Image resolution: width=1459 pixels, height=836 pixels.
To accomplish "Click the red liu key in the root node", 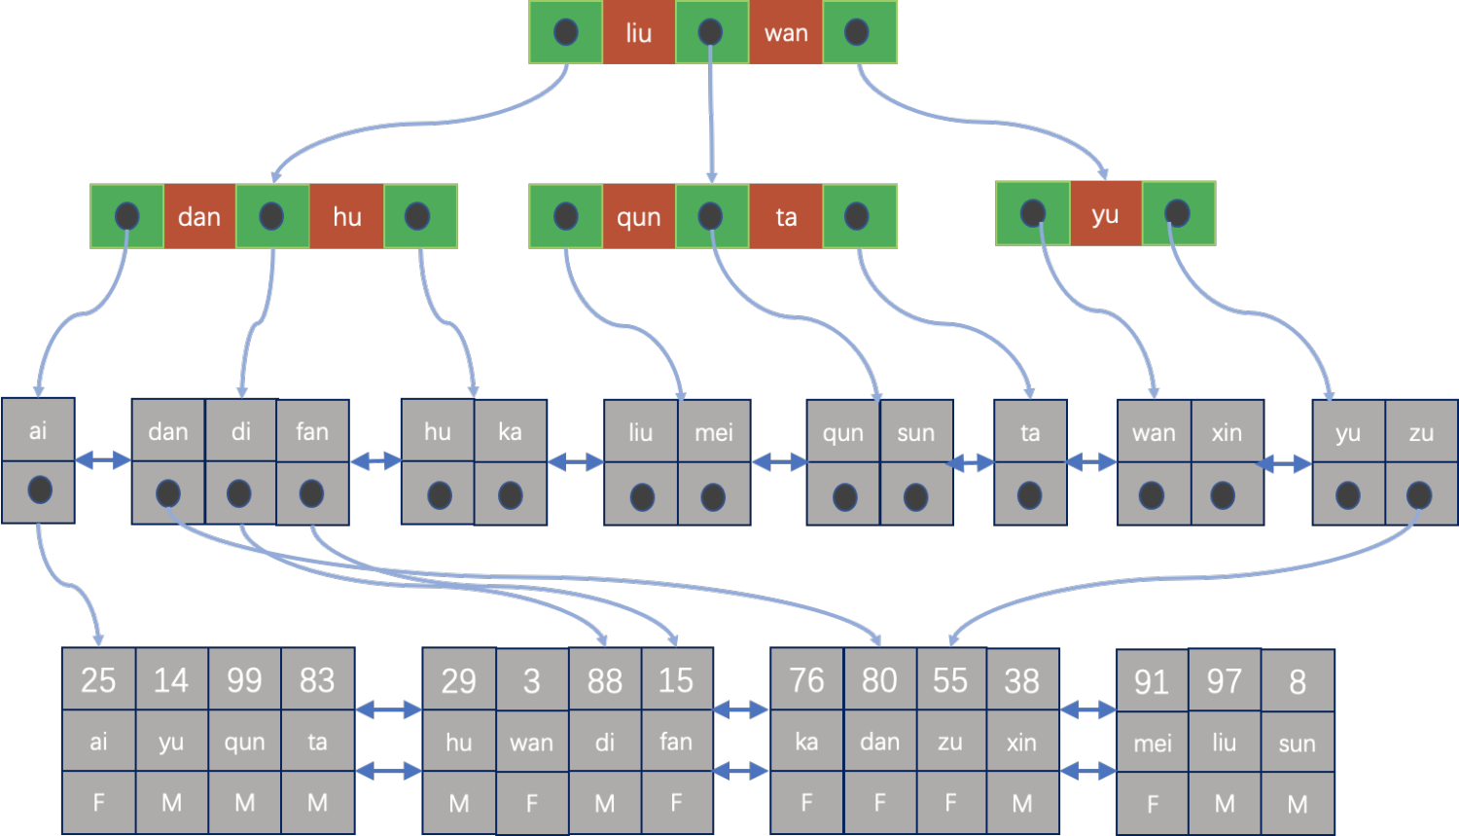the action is click(638, 32).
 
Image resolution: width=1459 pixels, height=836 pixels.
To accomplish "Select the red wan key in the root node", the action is click(786, 32).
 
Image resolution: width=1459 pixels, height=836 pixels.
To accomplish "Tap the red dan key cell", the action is click(199, 216).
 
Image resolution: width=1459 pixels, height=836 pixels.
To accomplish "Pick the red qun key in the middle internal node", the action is click(639, 216).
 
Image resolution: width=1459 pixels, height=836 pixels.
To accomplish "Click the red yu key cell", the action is click(1105, 214).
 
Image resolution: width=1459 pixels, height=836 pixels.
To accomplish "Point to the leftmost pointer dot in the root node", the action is click(565, 32).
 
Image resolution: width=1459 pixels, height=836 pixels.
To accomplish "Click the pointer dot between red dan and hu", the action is click(271, 216).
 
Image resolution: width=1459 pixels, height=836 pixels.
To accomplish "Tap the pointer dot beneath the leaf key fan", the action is click(311, 493).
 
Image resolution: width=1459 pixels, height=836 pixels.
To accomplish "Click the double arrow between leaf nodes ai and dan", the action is click(103, 460).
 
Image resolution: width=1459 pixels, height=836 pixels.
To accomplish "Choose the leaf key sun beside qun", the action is click(916, 432).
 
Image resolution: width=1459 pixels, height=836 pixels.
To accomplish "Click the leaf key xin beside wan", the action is click(1228, 432).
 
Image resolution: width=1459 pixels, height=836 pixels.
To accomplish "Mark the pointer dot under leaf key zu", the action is click(1418, 495).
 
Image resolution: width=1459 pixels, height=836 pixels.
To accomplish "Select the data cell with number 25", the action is click(98, 679).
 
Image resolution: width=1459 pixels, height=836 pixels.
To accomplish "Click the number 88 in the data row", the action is click(604, 680).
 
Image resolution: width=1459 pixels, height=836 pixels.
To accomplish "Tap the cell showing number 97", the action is click(1225, 681).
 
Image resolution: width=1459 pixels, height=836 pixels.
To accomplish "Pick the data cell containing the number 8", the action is click(1298, 681).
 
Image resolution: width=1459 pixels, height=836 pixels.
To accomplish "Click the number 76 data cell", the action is click(807, 679).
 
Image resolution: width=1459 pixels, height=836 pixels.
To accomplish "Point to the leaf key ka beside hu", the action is click(510, 431).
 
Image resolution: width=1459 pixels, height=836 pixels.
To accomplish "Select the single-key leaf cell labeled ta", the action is click(1030, 432).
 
